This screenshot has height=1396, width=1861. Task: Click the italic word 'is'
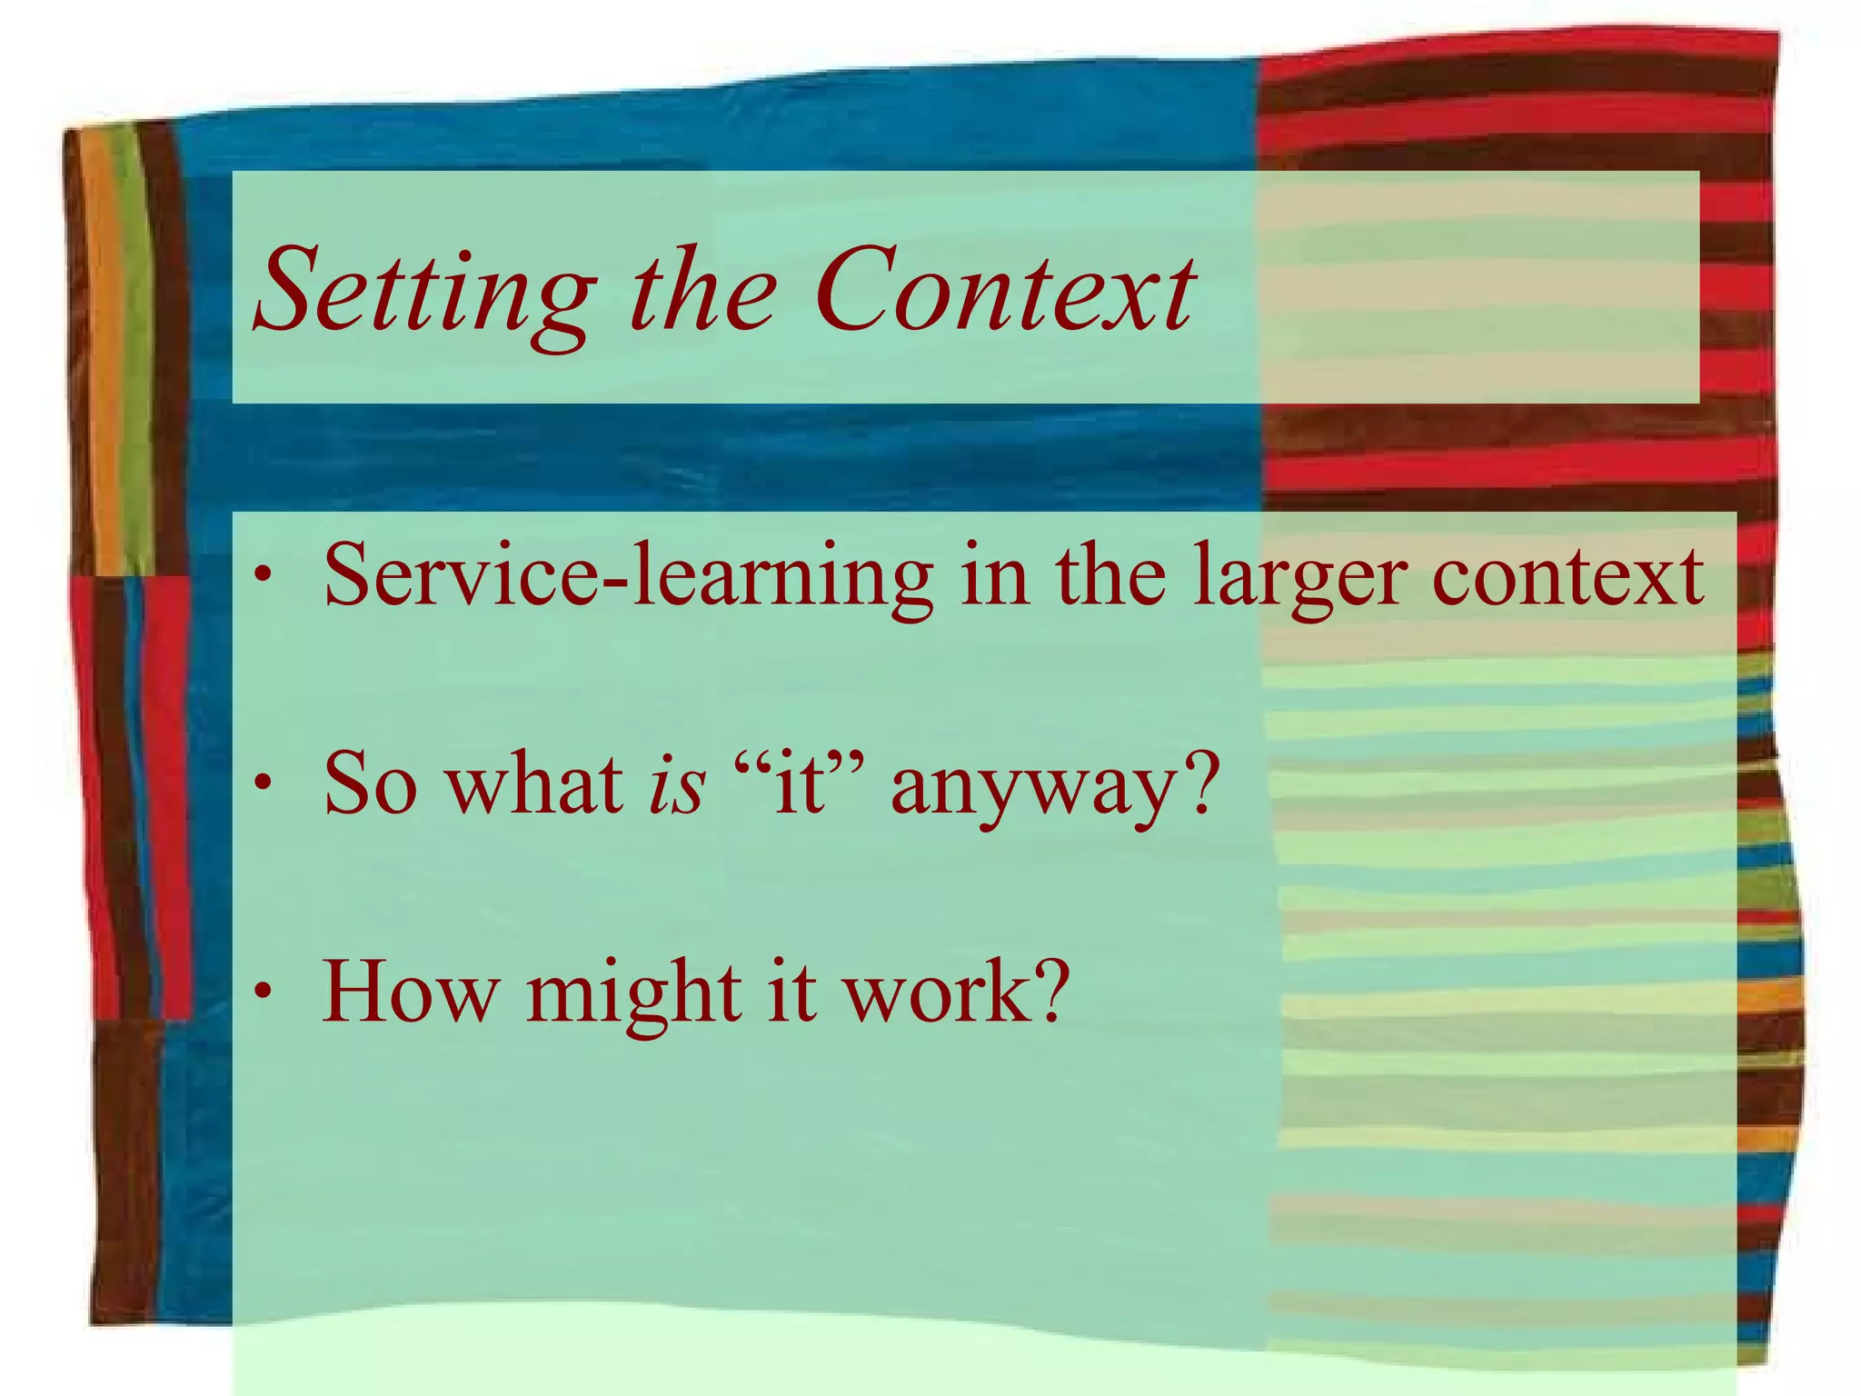[x=676, y=783]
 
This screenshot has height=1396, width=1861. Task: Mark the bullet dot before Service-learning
[x=263, y=576]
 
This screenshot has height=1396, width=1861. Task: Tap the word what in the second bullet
[x=535, y=783]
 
